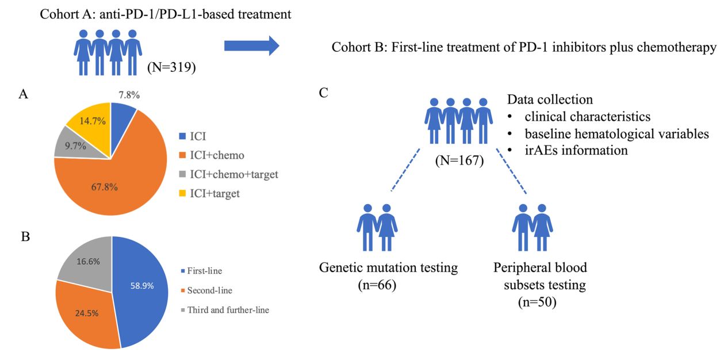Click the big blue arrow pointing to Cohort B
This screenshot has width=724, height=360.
pos(252,45)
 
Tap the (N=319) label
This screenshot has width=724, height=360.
pos(171,67)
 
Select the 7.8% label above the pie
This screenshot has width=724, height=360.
pos(129,95)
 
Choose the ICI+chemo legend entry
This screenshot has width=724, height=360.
pos(212,155)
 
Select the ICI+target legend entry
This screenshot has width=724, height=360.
pos(209,194)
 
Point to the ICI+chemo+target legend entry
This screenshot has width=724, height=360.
pos(228,174)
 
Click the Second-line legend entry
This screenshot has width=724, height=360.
pos(206,290)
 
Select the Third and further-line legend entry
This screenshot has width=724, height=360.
pos(225,310)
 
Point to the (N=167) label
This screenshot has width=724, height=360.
pos(459,160)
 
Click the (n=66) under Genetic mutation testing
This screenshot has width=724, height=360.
pos(377,285)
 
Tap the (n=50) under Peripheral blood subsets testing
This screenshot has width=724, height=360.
pos(537,302)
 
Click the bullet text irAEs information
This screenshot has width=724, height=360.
pos(576,150)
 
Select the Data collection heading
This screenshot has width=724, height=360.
pos(550,99)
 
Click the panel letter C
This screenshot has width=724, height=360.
pos(324,93)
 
